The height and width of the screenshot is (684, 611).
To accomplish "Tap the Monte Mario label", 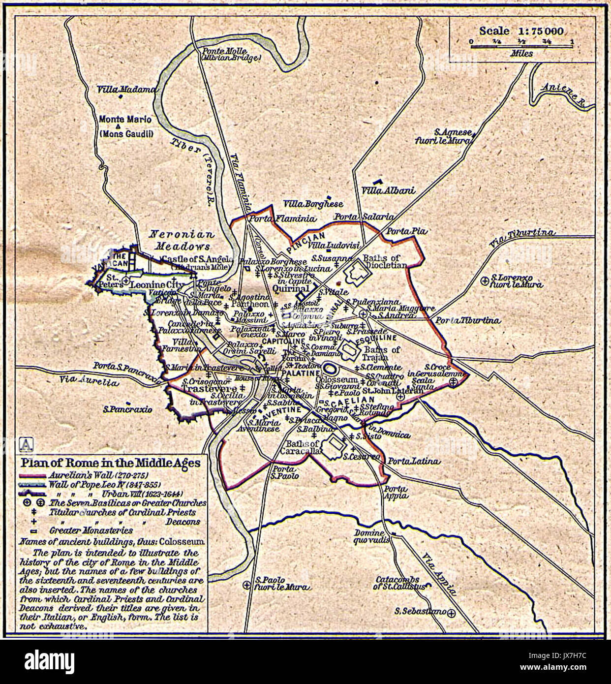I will [125, 119].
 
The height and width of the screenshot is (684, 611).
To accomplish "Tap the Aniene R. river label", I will [562, 93].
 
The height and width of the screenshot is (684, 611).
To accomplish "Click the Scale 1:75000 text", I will [521, 31].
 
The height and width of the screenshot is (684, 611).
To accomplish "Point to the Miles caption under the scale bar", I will [521, 53].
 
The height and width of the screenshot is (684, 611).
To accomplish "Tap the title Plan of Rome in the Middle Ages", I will [110, 463].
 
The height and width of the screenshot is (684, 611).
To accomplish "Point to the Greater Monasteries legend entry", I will [91, 530].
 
